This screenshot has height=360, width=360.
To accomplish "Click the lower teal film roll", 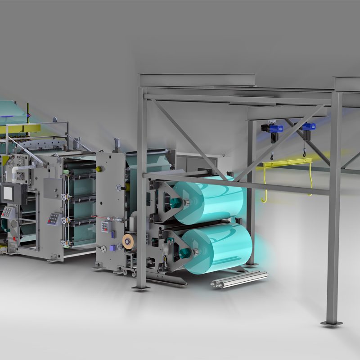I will [220, 247].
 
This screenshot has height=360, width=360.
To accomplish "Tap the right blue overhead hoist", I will [307, 128].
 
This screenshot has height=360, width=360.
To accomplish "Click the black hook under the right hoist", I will [306, 153].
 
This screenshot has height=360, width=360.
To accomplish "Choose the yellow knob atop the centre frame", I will [99, 168].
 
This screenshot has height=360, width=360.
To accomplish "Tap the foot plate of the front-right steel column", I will [331, 322].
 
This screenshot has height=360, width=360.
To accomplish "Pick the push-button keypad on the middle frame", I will [54, 219].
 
